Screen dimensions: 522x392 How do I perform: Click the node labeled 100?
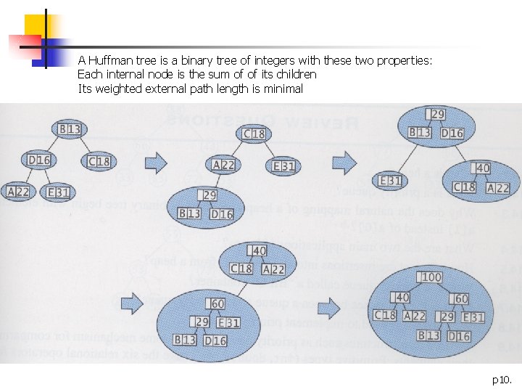tap(431, 277)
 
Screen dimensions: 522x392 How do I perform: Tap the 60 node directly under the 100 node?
tap(460, 298)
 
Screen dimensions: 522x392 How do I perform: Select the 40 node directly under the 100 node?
tap(400, 298)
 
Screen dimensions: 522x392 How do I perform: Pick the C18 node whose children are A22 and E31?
tap(254, 134)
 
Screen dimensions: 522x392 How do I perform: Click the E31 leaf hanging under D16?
tap(58, 192)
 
